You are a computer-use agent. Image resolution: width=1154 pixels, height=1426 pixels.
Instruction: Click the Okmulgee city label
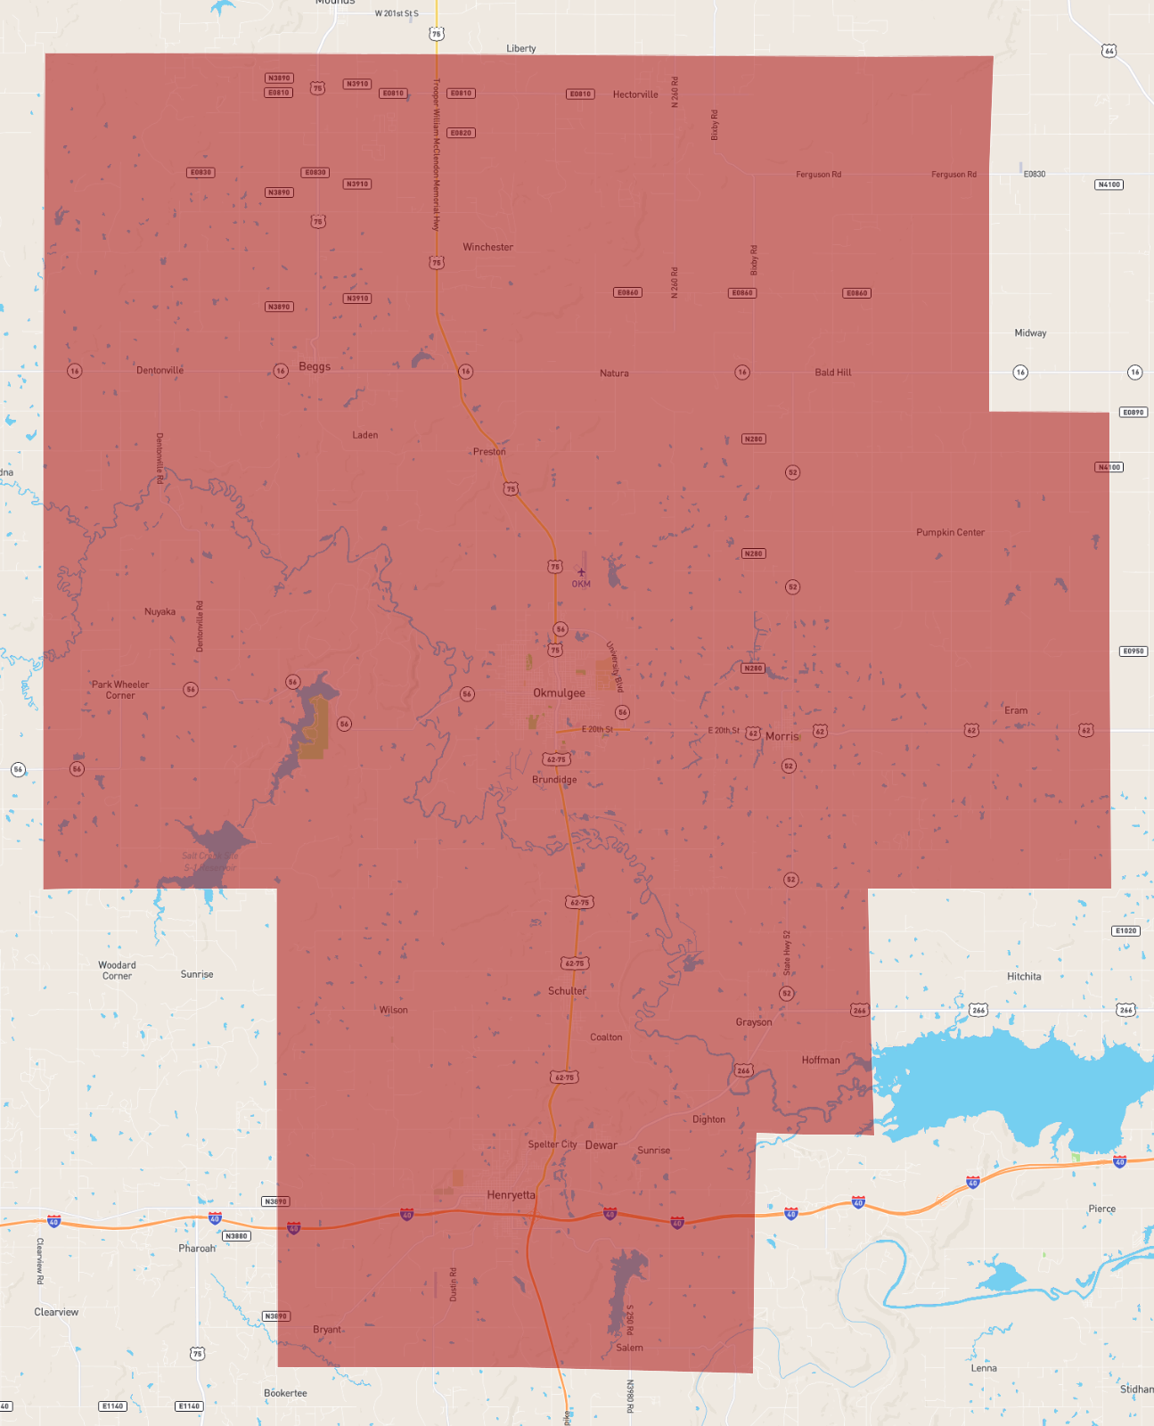click(x=559, y=693)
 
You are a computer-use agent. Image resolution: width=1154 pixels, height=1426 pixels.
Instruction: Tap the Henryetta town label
click(x=511, y=1195)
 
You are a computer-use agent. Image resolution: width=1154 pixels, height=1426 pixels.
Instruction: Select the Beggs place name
click(x=315, y=366)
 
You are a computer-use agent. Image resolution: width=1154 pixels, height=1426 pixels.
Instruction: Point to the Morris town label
click(x=782, y=736)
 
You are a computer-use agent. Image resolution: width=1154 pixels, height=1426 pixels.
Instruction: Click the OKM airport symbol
click(x=581, y=573)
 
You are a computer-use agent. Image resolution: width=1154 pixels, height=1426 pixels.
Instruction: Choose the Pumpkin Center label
click(x=950, y=532)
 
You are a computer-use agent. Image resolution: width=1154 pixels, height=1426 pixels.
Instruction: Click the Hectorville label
click(x=635, y=94)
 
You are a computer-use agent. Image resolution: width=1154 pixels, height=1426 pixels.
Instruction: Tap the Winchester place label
click(x=487, y=247)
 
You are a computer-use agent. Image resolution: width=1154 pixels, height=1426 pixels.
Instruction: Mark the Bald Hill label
click(x=832, y=373)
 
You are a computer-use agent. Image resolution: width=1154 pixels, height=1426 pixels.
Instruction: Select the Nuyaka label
click(x=160, y=611)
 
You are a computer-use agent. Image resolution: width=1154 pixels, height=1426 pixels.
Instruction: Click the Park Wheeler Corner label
click(x=120, y=690)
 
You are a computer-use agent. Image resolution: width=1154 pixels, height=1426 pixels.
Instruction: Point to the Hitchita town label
click(x=1024, y=976)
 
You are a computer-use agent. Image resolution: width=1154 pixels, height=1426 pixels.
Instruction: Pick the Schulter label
click(x=567, y=991)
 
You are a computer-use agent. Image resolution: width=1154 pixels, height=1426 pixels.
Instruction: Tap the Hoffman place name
click(x=820, y=1060)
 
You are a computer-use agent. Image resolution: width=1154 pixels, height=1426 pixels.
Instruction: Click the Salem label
click(x=629, y=1348)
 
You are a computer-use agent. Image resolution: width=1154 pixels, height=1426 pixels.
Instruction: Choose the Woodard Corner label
click(x=117, y=971)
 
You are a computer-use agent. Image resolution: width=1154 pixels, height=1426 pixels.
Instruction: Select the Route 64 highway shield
click(x=1109, y=51)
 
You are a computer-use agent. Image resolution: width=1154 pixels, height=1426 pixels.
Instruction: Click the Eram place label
click(x=1016, y=710)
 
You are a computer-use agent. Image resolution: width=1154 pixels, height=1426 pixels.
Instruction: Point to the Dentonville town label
click(x=160, y=370)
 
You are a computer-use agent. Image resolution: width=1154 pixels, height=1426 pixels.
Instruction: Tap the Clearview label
click(x=56, y=1312)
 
